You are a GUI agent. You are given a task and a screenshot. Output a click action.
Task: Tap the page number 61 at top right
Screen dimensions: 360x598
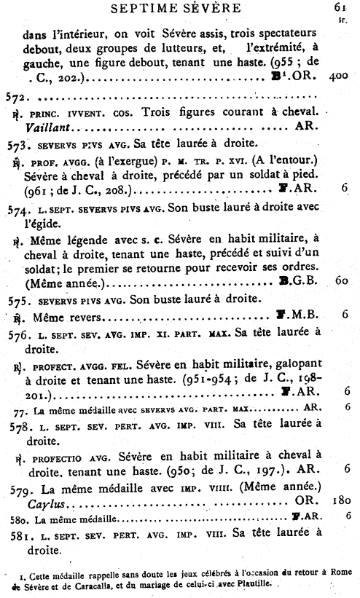click(x=339, y=7)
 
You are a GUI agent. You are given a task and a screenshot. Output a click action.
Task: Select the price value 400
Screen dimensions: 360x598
click(x=337, y=76)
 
